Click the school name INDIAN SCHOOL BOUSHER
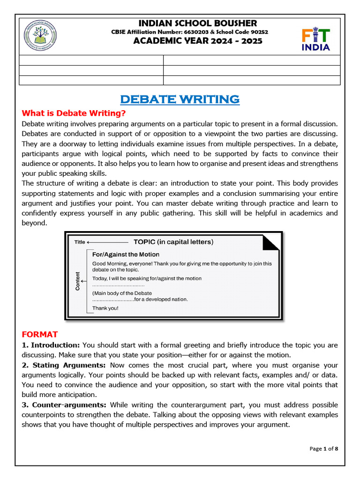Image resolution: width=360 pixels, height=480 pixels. (x=197, y=23)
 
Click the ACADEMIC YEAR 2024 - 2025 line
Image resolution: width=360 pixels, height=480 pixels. (x=197, y=41)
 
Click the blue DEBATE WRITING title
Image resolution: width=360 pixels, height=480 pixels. (x=180, y=99)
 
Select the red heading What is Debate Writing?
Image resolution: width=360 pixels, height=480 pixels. (x=74, y=114)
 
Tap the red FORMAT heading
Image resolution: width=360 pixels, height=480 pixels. (x=40, y=334)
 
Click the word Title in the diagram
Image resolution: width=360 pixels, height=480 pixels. (x=80, y=242)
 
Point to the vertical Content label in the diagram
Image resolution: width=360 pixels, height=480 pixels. (x=78, y=281)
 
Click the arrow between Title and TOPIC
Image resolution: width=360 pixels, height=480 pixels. (x=107, y=242)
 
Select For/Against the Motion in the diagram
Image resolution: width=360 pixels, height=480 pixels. (x=126, y=254)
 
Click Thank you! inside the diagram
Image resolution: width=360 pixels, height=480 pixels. (x=105, y=308)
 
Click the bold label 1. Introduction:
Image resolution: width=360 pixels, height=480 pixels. (x=51, y=345)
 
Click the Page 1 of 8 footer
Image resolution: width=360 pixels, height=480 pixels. (x=324, y=449)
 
